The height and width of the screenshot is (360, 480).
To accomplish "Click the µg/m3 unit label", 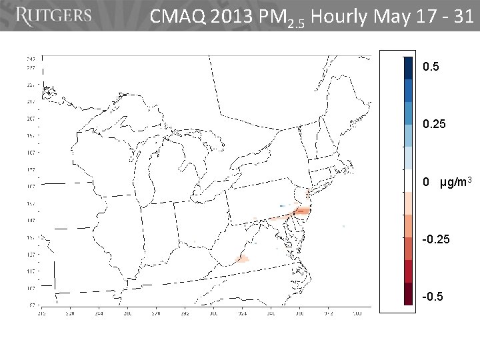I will coord(456,182).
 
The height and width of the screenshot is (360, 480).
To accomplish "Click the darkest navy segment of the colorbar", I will coord(408,67).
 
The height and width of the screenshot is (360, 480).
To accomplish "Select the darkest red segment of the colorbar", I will coord(408,294).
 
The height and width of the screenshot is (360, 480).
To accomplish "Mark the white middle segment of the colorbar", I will coord(408,181).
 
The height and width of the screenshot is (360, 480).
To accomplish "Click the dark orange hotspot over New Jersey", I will coord(301,211).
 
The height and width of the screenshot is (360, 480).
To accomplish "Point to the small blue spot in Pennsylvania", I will coord(282,205).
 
